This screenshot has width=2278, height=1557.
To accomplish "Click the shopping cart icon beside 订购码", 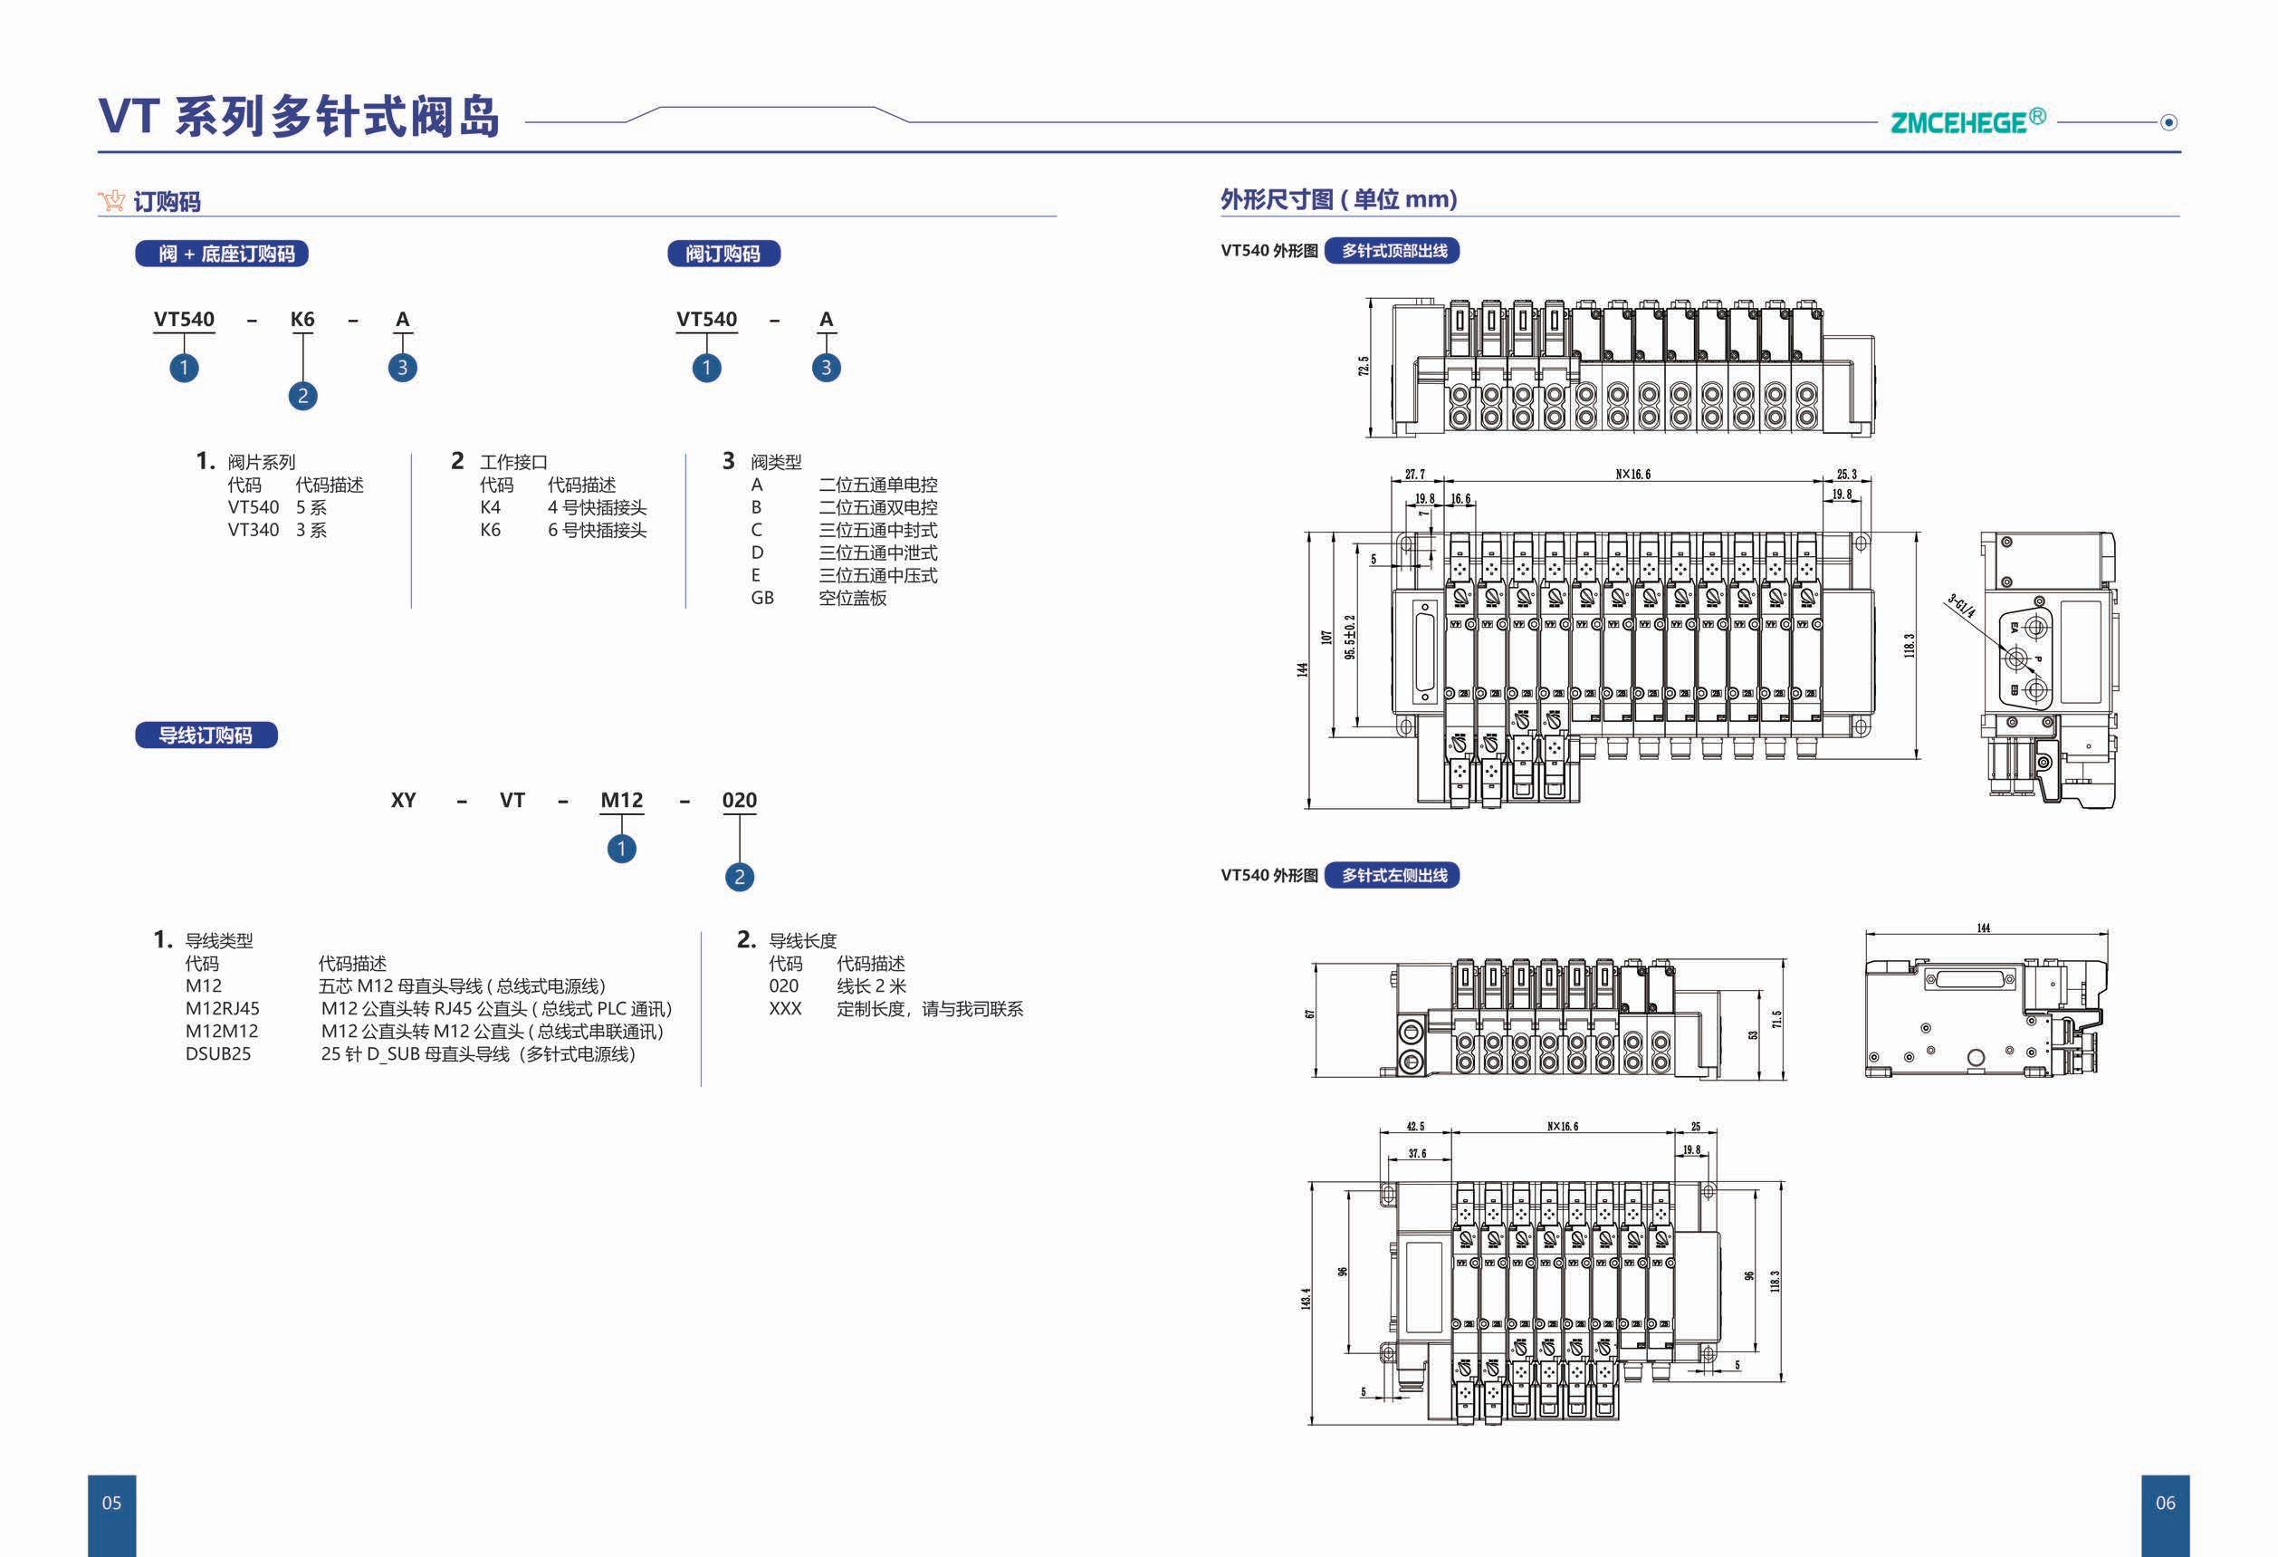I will click(111, 201).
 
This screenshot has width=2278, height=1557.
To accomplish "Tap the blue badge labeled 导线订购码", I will click(206, 735).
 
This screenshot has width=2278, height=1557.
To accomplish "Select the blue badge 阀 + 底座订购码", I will click(223, 254).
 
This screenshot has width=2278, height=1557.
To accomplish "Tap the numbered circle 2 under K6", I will click(303, 396).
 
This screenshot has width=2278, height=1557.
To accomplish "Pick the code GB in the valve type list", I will click(761, 598).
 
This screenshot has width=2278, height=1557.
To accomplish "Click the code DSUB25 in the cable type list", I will click(217, 1054).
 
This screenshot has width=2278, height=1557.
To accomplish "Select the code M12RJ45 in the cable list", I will click(223, 1009).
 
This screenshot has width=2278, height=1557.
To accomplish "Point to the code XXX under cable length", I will click(785, 1009).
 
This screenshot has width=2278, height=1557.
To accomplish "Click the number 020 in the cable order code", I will click(739, 800).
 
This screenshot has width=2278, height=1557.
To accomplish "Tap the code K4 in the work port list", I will click(490, 508).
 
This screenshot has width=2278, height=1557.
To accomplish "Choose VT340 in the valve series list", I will click(253, 531).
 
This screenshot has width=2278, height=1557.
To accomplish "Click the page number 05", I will click(111, 1503).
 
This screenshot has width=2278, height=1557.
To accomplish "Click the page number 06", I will click(2165, 1503).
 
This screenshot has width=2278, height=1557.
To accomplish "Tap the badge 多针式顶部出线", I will click(1393, 251).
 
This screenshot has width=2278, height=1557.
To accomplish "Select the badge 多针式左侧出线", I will click(1393, 876).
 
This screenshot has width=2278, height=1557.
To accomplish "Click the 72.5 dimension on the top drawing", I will click(1364, 367).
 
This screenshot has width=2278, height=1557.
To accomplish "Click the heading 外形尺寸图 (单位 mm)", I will click(1338, 200).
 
